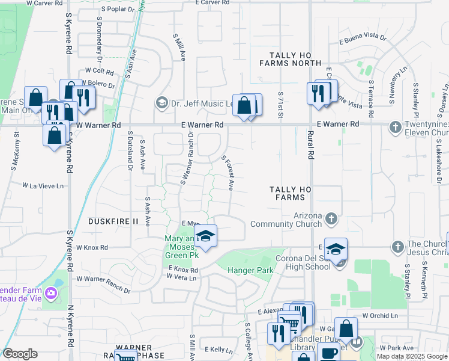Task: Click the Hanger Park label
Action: coord(250,271)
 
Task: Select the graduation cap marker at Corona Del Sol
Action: coord(337,248)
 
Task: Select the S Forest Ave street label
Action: coord(228,174)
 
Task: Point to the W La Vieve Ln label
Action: coord(43,186)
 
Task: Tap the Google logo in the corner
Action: coord(20,354)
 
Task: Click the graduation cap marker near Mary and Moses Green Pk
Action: coord(205,236)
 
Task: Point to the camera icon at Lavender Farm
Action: coord(52,292)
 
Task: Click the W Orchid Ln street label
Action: coord(379,315)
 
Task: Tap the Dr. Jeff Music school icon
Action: coord(161,103)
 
